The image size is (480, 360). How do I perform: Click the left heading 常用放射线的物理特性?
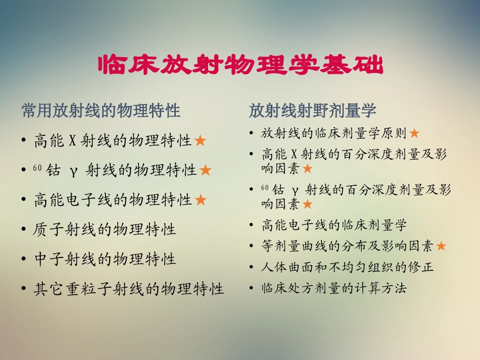[x=101, y=111]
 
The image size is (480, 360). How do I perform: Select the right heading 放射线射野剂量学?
[x=312, y=111]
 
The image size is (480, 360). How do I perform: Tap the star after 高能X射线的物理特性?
[x=200, y=141]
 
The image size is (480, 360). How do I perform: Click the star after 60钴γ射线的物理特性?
[x=205, y=171]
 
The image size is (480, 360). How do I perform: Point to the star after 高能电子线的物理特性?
[x=201, y=200]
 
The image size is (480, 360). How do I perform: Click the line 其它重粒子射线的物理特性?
[x=129, y=289]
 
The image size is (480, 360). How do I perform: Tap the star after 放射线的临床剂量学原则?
[x=414, y=134]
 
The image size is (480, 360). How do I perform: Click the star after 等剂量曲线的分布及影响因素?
[x=441, y=246]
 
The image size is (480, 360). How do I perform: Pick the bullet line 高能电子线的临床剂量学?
[x=334, y=225]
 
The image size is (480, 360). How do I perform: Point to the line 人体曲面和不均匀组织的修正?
[x=348, y=267]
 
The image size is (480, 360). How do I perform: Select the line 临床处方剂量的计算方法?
[x=334, y=289]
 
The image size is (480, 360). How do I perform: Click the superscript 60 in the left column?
[x=37, y=168]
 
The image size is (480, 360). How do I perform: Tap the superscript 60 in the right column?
[x=264, y=187]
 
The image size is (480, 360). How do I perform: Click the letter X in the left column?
[x=72, y=141]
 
